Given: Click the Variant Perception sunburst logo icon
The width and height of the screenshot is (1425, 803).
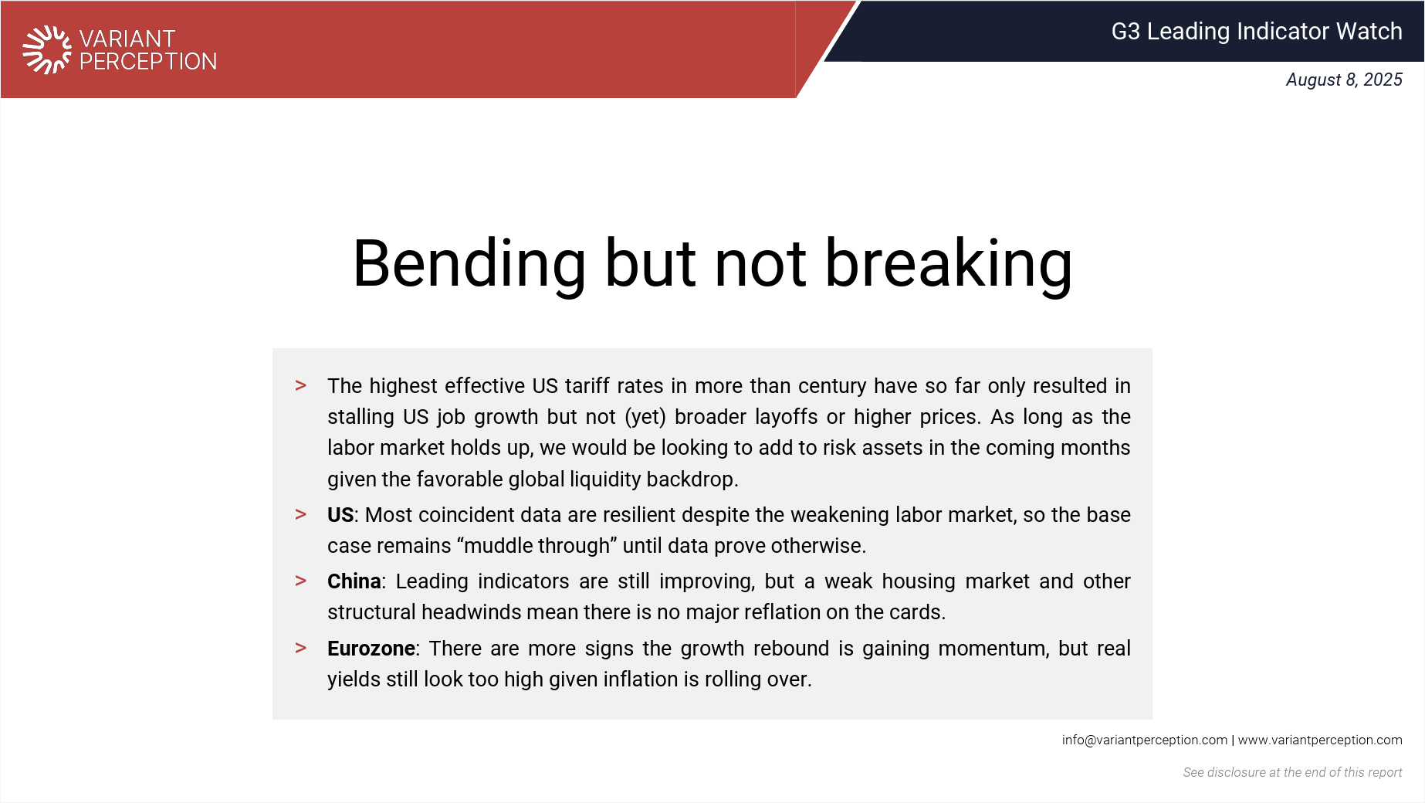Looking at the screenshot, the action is coord(47,50).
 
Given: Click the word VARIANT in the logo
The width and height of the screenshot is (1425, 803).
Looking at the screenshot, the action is coord(127,39).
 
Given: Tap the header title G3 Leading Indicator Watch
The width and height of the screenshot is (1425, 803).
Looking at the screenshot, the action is coord(1257,31).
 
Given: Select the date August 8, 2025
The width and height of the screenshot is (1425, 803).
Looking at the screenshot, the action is coord(1344,80).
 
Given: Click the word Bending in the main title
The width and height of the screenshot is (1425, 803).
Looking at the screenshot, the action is coord(469,264).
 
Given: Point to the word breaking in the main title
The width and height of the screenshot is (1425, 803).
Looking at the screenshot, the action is coord(949,264).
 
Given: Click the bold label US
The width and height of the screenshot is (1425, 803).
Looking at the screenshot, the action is coord(340,514).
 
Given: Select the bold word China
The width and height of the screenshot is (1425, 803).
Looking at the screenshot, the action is coord(354,581).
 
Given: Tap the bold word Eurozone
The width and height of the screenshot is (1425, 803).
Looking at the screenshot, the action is coord(371,648).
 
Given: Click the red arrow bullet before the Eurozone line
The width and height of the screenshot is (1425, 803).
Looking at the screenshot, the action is coord(301,648).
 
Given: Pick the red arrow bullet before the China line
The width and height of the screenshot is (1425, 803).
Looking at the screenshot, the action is coord(301,581).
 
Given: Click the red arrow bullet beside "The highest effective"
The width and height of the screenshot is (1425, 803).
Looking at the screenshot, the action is coord(301,385).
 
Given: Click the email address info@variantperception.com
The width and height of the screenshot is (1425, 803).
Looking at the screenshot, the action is coord(1144,740).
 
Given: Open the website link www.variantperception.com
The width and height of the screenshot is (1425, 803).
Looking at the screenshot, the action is coord(1320,740).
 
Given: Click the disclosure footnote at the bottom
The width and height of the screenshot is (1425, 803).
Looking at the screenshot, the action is coord(1292,772).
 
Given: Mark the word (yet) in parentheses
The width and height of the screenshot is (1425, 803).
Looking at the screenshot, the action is coord(645,417).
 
